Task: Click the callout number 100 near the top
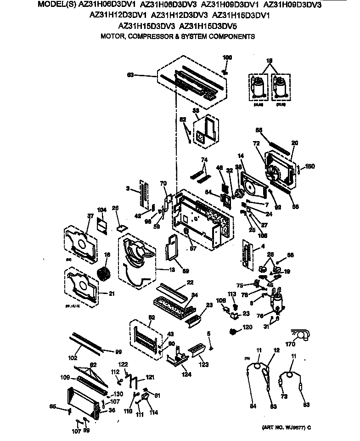pyautogui.click(x=227, y=57)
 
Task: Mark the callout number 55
pyautogui.click(x=259, y=130)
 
